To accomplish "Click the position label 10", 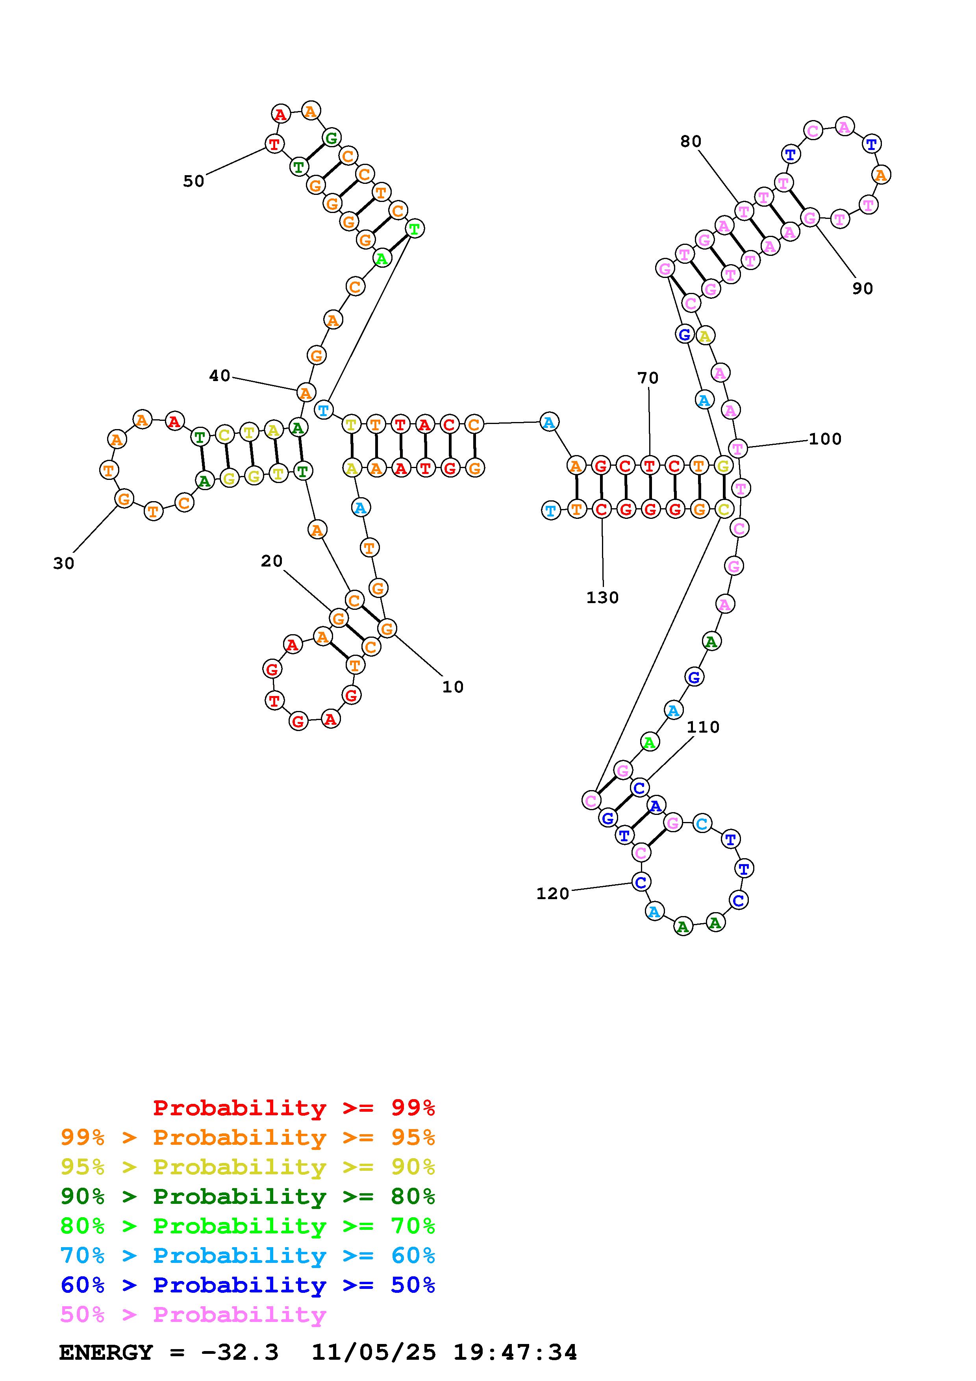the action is coord(453,687).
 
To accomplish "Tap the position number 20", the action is coord(272,561).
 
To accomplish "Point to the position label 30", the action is coord(64,564).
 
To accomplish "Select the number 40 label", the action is coord(220,376).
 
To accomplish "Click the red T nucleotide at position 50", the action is coord(275,144).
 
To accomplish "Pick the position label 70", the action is coord(648,378).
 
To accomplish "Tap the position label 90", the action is coord(862,289).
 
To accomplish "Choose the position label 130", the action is coord(602,598).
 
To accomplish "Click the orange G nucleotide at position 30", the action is coord(124,499).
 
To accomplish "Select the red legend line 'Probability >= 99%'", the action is coord(294,1108).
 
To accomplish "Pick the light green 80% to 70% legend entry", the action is coord(248,1226).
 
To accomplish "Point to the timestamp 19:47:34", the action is coord(515,1353).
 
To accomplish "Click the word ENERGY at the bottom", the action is coord(106,1353).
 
